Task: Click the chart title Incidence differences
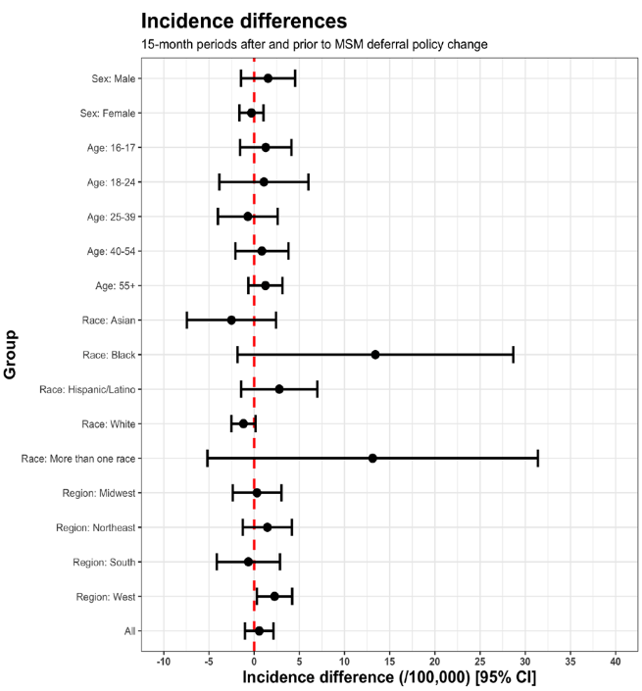tap(244, 21)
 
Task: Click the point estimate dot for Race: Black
tap(375, 355)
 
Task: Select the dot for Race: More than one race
tap(372, 458)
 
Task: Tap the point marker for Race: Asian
tap(231, 320)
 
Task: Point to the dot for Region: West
tap(274, 596)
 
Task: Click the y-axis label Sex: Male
tap(110, 78)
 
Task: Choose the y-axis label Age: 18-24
tap(109, 182)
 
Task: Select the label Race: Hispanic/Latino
tap(87, 389)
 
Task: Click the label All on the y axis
tap(129, 631)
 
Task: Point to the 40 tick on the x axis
tap(616, 662)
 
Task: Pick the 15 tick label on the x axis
tap(390, 662)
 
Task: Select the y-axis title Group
tap(12, 355)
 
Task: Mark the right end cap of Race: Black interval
tap(513, 355)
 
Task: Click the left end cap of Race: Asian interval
tap(187, 320)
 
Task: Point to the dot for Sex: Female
tap(251, 113)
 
